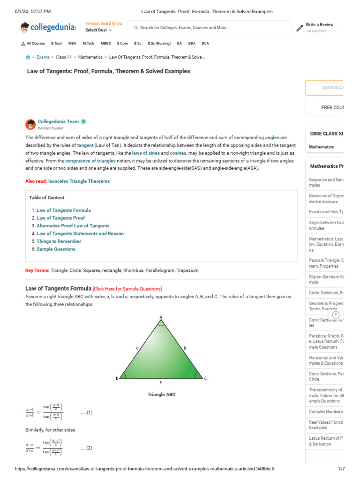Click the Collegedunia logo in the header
(47, 28)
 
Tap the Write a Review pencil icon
(300, 28)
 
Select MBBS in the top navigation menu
(105, 44)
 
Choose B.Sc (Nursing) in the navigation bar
(159, 44)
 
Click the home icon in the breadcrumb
(28, 57)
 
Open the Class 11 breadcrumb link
(64, 57)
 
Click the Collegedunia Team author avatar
(30, 124)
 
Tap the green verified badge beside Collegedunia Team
(83, 121)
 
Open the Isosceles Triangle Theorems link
(79, 181)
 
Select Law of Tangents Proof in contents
(60, 218)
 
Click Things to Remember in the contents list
(59, 241)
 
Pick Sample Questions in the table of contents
(56, 249)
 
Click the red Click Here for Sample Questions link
(127, 289)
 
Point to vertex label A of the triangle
(161, 317)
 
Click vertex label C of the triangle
(205, 378)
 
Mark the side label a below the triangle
(161, 382)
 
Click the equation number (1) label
(86, 412)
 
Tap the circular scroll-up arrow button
(336, 315)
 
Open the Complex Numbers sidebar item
(326, 412)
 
